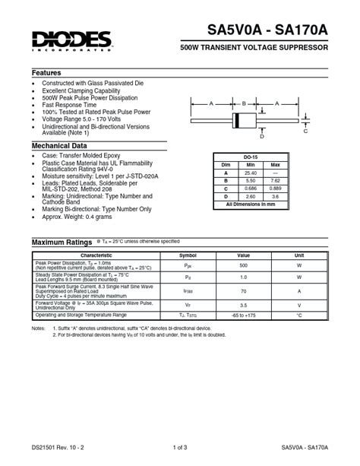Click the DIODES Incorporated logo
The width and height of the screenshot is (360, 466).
pyautogui.click(x=74, y=38)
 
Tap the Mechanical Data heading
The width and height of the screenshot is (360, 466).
pyautogui.click(x=59, y=145)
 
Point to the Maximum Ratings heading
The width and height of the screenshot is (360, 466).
pyautogui.click(x=62, y=242)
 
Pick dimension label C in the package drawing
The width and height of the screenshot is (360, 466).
pyautogui.click(x=306, y=132)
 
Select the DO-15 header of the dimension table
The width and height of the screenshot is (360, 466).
pyautogui.click(x=249, y=157)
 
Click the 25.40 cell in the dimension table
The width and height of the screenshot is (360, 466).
pyautogui.click(x=251, y=173)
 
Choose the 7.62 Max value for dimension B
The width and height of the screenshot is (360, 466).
pyautogui.click(x=275, y=180)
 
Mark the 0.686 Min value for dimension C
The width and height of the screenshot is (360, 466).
pyautogui.click(x=251, y=188)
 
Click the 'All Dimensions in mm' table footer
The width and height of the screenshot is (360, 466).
pyautogui.click(x=249, y=204)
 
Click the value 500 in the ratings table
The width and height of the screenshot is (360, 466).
pyautogui.click(x=244, y=266)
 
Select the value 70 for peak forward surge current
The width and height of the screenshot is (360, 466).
pyautogui.click(x=244, y=290)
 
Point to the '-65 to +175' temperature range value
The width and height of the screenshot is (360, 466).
pyautogui.click(x=244, y=314)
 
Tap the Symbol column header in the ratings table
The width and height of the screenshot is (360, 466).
pyautogui.click(x=188, y=255)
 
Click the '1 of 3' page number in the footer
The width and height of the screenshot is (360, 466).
pyautogui.click(x=180, y=447)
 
